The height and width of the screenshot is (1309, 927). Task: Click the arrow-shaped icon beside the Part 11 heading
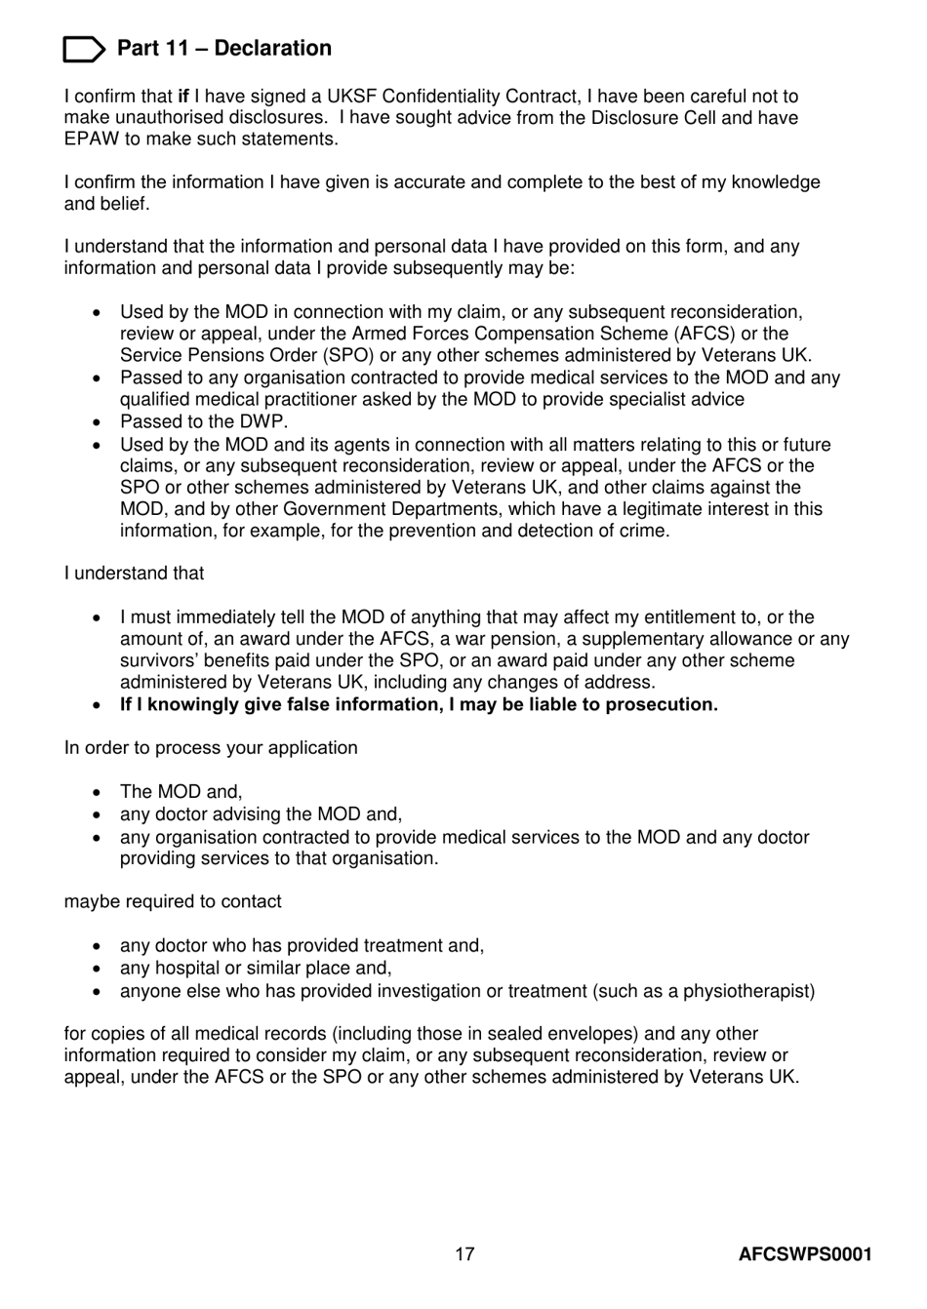[84, 49]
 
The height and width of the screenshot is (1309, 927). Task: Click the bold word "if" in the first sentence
[183, 97]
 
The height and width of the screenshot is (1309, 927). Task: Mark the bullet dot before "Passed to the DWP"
[97, 422]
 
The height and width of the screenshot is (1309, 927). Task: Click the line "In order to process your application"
[211, 748]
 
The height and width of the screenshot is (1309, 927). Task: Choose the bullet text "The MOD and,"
[181, 792]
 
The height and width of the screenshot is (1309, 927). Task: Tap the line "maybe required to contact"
[173, 902]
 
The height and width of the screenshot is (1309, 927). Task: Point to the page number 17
[464, 1254]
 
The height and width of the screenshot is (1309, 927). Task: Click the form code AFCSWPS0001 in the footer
[804, 1254]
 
